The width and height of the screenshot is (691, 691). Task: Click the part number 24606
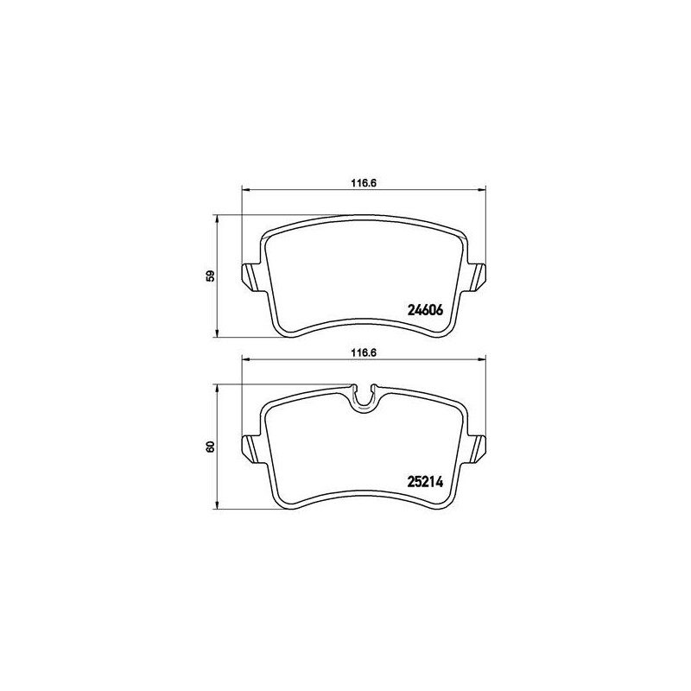pyautogui.click(x=425, y=310)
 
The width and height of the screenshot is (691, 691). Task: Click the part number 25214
pyautogui.click(x=425, y=483)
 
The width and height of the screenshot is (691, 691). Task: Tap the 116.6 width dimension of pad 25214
pyautogui.click(x=363, y=352)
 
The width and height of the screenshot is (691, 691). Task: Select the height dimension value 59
pyautogui.click(x=211, y=276)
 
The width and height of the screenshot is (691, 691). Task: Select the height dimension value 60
pyautogui.click(x=211, y=447)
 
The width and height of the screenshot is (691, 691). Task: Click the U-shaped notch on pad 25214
pyautogui.click(x=363, y=399)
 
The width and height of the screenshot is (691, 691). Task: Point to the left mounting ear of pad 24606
pyautogui.click(x=252, y=277)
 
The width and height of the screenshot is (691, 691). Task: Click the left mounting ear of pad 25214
pyautogui.click(x=252, y=449)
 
